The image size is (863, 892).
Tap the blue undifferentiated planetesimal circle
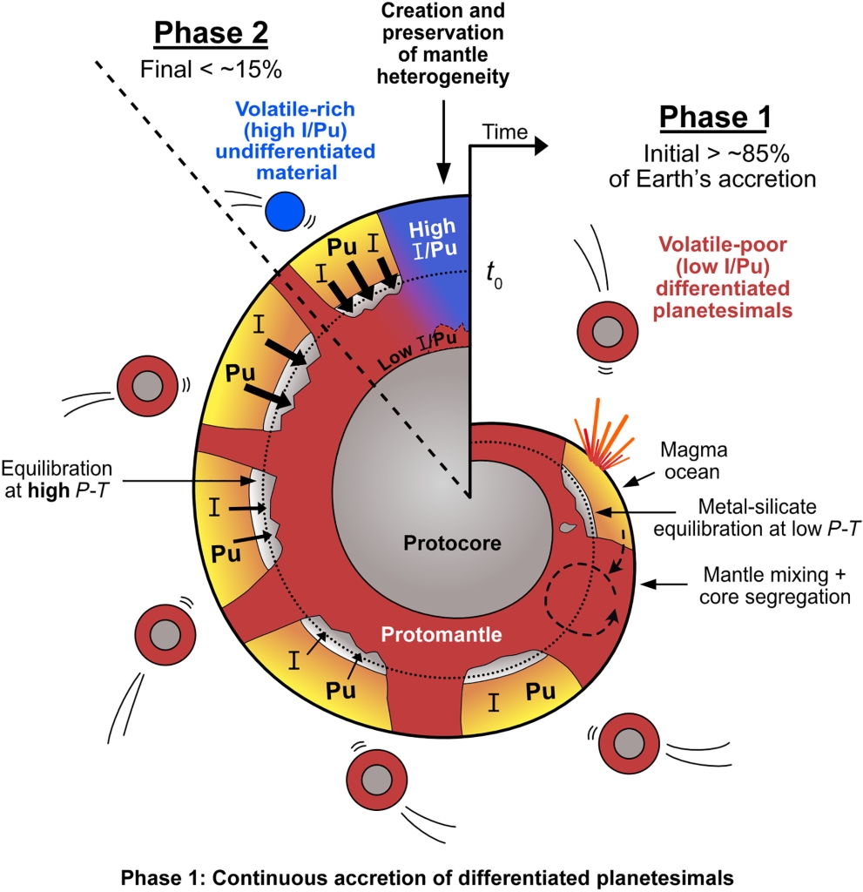pyautogui.click(x=286, y=212)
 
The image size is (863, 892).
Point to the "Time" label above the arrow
pyautogui.click(x=505, y=132)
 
